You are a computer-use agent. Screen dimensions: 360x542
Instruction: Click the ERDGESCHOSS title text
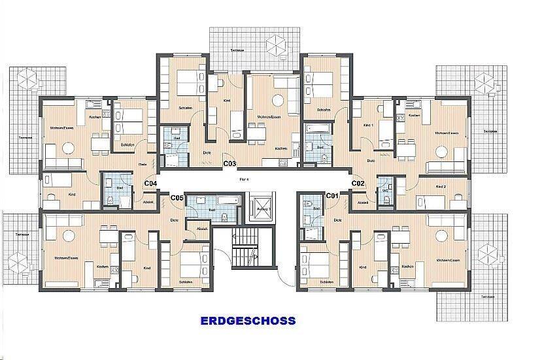[x=248, y=321]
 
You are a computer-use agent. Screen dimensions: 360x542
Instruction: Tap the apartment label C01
[x=332, y=195]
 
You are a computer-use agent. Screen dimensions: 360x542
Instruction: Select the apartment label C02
[x=358, y=184]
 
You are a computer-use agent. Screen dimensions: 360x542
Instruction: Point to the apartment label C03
[x=229, y=164]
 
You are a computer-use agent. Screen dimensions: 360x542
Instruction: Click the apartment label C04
[x=150, y=184]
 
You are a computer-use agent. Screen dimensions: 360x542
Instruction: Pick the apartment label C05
[x=177, y=197]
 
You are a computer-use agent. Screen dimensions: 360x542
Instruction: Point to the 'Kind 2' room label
[x=441, y=186]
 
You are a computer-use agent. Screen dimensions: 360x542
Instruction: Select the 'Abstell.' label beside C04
[x=148, y=202]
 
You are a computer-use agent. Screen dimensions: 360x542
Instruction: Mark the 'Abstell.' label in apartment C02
[x=364, y=203]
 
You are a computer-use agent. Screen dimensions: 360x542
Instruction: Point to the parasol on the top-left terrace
[x=29, y=80]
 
